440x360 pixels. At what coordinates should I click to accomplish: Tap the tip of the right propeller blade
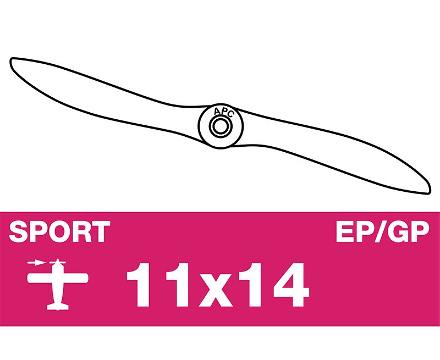(x=429, y=192)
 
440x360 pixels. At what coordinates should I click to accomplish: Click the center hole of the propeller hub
(x=221, y=126)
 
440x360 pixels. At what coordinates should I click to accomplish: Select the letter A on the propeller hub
(x=217, y=112)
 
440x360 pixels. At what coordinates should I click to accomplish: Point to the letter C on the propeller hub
(x=230, y=114)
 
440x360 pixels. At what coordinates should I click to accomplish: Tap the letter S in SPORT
(x=19, y=231)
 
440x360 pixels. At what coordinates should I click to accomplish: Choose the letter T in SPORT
(x=101, y=231)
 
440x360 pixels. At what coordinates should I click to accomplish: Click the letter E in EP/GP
(x=345, y=231)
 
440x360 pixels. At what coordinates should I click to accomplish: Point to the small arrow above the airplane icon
(x=37, y=262)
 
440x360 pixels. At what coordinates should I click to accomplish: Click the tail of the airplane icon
(x=58, y=306)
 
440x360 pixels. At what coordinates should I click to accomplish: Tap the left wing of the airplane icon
(x=40, y=278)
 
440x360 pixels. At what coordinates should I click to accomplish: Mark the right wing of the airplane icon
(x=76, y=278)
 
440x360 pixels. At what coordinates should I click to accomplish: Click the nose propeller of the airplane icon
(x=58, y=262)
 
